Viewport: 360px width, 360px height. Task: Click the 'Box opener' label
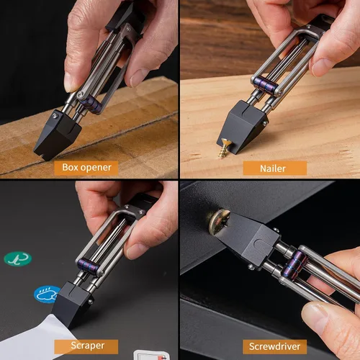(86, 168)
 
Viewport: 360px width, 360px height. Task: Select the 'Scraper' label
(86, 346)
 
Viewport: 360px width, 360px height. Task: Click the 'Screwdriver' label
(275, 346)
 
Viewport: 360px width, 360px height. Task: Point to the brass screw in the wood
(225, 148)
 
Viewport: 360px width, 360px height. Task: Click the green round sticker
(18, 258)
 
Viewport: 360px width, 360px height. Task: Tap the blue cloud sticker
(46, 294)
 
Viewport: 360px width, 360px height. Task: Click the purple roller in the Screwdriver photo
(294, 264)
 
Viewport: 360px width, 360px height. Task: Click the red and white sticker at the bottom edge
(151, 355)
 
